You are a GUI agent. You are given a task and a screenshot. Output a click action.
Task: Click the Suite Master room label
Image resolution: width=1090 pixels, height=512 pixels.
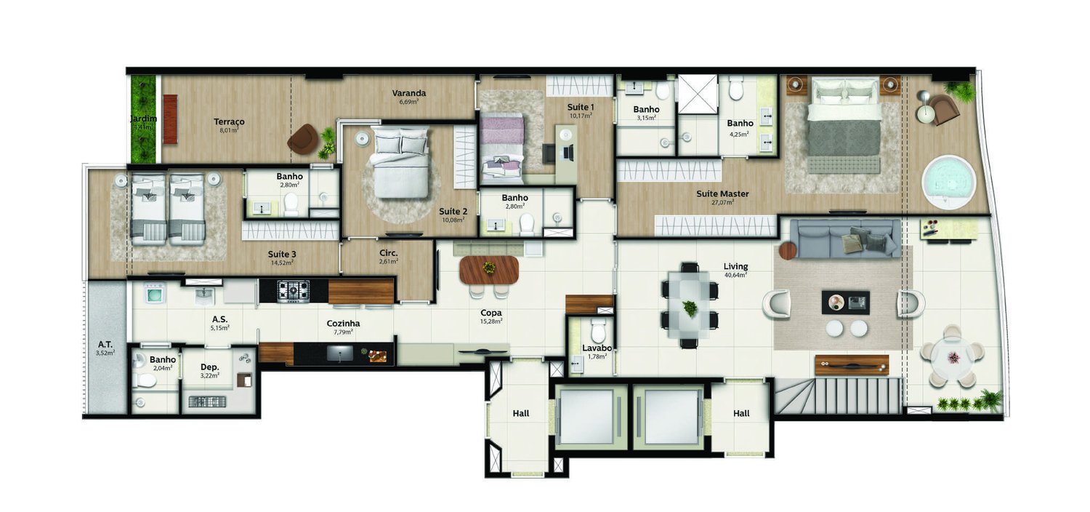722,193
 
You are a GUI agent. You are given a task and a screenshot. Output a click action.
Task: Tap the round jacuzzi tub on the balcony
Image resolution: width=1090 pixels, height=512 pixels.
948,181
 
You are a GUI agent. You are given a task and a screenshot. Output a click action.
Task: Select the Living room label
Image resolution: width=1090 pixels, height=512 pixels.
736,266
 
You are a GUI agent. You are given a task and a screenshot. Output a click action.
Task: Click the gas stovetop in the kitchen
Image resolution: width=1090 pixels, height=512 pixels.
294,291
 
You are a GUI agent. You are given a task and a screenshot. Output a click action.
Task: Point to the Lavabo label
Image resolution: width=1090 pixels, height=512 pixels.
597,348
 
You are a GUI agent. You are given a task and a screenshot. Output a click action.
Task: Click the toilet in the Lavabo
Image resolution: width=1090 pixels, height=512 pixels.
598,331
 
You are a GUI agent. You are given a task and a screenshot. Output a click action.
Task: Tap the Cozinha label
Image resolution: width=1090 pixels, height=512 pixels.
343,324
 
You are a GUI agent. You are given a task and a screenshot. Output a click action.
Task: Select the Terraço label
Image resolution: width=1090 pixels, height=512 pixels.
229,121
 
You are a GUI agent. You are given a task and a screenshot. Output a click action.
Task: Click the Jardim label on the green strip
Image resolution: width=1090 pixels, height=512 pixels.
142,119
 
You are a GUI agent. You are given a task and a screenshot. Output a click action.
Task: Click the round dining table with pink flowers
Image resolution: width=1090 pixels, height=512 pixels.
951,356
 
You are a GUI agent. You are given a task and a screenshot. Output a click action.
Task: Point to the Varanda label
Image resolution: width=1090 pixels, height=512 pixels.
408,93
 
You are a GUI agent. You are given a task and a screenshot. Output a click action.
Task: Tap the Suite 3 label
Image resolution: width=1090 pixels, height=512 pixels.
282,254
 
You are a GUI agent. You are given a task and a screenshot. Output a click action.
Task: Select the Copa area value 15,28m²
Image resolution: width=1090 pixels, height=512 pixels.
490,321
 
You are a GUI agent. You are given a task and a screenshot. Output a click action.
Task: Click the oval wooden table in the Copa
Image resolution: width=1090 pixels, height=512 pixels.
489,270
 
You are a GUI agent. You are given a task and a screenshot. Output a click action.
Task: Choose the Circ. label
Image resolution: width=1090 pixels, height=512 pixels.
387,254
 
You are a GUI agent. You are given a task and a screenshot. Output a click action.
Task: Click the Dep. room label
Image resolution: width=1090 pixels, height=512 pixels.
209,367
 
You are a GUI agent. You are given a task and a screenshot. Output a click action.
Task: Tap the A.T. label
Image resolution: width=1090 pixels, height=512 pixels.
105,344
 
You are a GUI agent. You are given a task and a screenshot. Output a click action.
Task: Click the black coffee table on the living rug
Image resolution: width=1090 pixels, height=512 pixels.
845,302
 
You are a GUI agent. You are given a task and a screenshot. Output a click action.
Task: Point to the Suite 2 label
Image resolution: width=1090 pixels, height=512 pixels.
453,212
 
